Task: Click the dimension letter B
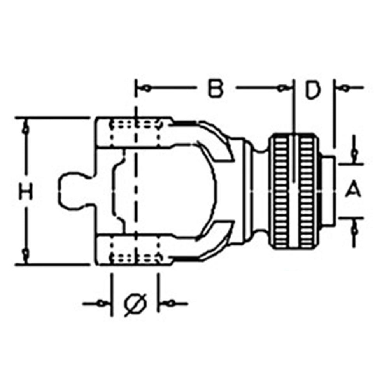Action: (x=215, y=89)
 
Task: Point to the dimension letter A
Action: (x=353, y=191)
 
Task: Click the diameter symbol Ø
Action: (x=135, y=303)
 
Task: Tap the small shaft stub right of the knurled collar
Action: (x=328, y=191)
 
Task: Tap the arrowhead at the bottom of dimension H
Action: (x=26, y=255)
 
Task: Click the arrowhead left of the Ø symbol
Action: (x=102, y=303)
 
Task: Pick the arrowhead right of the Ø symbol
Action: (x=170, y=303)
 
